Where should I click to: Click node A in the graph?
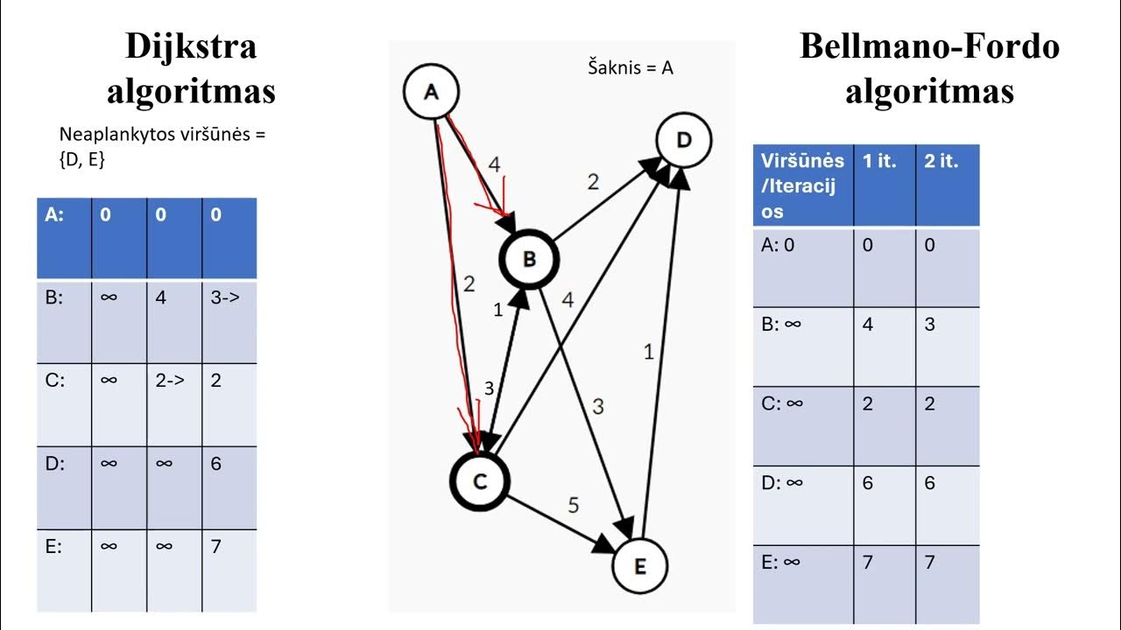431,92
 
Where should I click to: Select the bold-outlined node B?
529,259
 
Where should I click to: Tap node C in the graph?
480,481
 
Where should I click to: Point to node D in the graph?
684,140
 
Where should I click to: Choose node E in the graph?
639,566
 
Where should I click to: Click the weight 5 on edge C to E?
574,505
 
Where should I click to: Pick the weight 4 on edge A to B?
494,164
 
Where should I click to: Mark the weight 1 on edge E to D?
649,353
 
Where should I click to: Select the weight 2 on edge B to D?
593,182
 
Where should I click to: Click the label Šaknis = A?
631,67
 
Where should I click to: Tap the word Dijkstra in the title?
191,46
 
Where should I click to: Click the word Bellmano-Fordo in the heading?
929,46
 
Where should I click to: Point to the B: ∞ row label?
781,324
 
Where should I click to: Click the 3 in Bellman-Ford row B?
929,324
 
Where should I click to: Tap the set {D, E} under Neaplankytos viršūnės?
82,159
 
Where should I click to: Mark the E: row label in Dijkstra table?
53,547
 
